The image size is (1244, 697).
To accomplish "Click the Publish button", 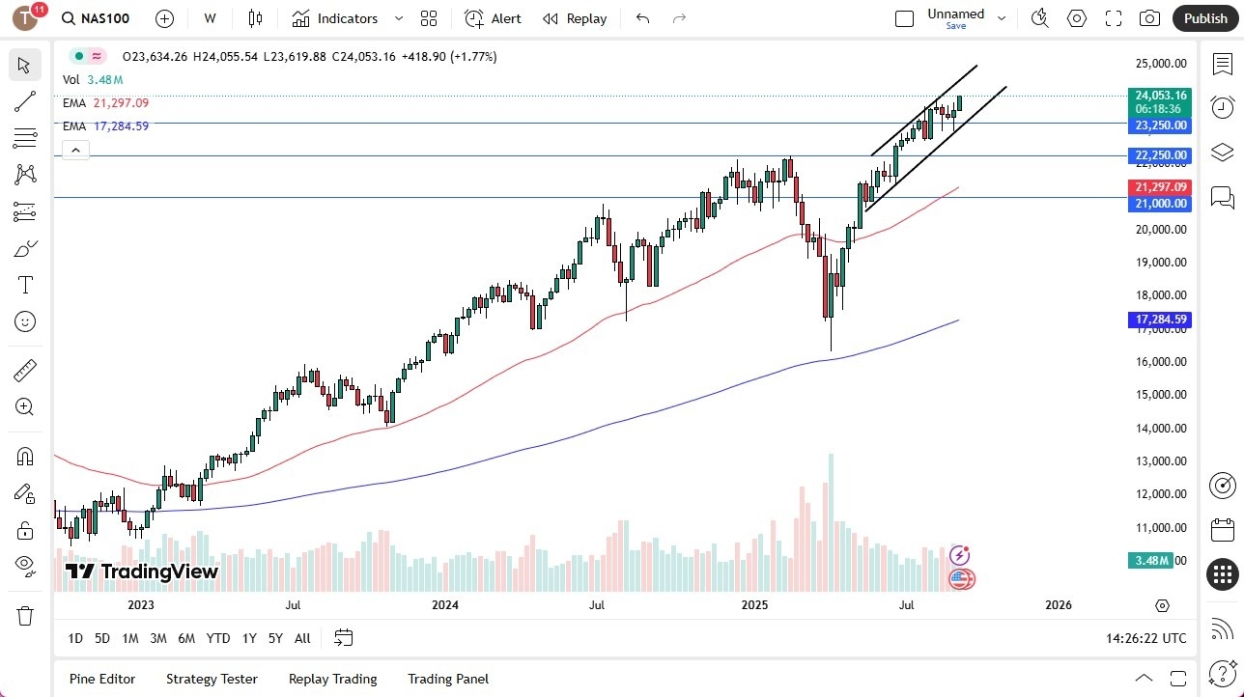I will [x=1204, y=18].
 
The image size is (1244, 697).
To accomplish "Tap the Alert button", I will [x=493, y=18].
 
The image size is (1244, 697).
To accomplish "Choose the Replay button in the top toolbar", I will [x=575, y=18].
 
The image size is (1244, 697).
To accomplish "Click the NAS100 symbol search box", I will [x=97, y=18].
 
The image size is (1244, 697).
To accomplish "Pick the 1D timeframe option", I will [x=75, y=638].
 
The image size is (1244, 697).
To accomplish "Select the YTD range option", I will [x=218, y=638].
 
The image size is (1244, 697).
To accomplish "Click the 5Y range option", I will [x=275, y=638].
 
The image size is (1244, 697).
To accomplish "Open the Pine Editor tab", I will [x=102, y=679].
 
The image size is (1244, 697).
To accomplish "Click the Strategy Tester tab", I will [x=212, y=679].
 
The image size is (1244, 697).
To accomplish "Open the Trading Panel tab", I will [x=448, y=679].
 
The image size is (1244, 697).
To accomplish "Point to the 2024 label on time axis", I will [x=445, y=605].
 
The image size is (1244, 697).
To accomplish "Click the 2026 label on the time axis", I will [x=1059, y=605].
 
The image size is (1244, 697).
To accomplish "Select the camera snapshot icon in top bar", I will [x=1149, y=18].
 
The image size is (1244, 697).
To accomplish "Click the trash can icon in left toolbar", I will [x=25, y=616].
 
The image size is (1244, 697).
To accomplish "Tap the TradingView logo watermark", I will [x=142, y=572].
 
